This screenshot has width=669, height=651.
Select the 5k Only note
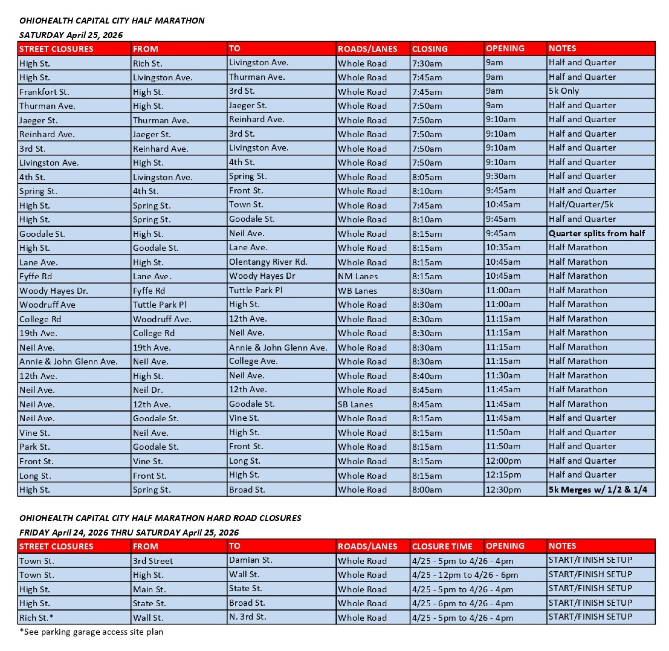(x=563, y=91)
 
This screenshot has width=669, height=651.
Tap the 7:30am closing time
(x=427, y=64)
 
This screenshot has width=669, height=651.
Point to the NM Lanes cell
(x=357, y=276)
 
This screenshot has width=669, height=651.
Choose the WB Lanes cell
(x=357, y=291)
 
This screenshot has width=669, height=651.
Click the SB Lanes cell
(x=355, y=404)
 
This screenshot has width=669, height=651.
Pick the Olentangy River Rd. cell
(x=268, y=262)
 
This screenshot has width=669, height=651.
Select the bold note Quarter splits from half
(x=596, y=234)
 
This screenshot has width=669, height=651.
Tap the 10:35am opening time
(x=503, y=248)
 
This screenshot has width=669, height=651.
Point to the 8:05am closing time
(x=427, y=177)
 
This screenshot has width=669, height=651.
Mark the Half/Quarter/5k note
(x=581, y=205)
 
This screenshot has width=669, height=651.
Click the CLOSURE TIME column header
(x=442, y=546)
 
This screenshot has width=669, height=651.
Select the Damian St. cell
(x=250, y=560)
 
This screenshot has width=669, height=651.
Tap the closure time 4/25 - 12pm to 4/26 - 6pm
(x=465, y=575)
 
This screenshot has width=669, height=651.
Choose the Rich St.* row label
(x=36, y=618)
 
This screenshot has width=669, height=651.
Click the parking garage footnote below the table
(x=91, y=632)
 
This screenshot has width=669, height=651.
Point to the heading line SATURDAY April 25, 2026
(x=71, y=35)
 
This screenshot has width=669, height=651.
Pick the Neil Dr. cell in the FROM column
(x=148, y=390)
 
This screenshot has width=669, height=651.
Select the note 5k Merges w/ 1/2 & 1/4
(x=598, y=489)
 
